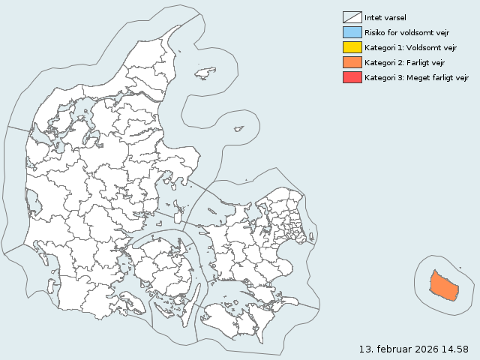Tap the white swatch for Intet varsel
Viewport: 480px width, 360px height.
coord(352,17)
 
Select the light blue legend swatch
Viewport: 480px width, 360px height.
coord(352,32)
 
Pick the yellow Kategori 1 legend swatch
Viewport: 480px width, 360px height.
coord(352,47)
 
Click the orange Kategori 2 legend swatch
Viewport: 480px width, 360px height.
coord(352,62)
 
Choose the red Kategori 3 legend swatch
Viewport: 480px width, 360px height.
coord(352,77)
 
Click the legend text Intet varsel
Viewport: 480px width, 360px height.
coord(385,17)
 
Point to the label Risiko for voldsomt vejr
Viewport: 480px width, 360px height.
coord(406,32)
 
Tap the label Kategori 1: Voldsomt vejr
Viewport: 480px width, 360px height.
coord(410,47)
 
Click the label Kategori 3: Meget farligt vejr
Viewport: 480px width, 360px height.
coord(416,77)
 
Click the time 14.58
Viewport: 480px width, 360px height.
coord(456,349)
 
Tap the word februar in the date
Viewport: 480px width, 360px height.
coord(391,349)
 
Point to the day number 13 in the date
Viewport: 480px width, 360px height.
coord(365,349)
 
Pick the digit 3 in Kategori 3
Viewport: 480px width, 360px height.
coord(397,77)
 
